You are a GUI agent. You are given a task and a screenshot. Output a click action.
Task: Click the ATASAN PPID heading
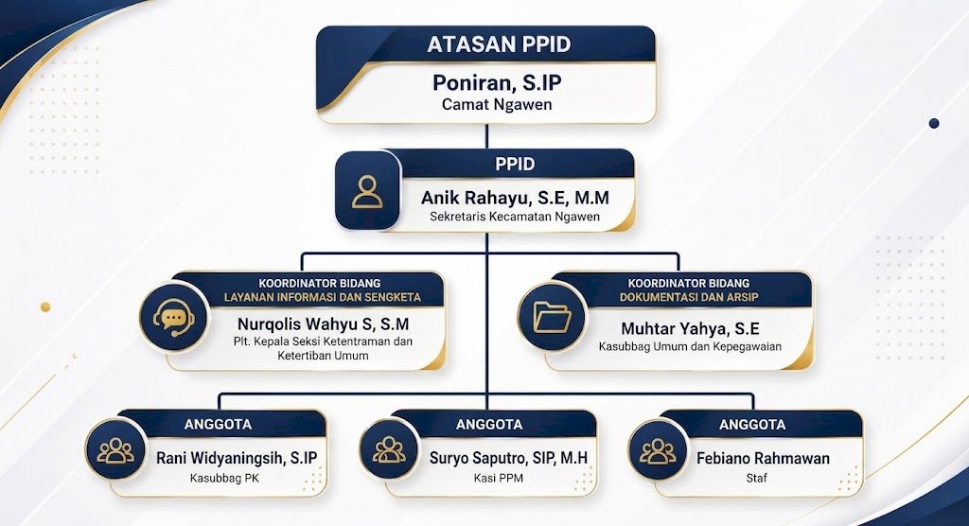click(499, 44)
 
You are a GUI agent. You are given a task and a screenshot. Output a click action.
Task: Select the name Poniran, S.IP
click(496, 82)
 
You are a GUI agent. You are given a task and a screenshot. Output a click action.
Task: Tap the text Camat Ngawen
click(496, 104)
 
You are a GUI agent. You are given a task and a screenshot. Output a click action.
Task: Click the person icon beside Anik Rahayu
click(367, 192)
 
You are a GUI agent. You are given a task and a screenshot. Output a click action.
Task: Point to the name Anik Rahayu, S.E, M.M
click(515, 198)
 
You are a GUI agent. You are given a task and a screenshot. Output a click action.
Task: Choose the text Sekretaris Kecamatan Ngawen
click(515, 217)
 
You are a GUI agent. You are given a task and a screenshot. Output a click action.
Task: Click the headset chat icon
click(174, 317)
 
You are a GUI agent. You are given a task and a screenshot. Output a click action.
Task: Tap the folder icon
click(552, 317)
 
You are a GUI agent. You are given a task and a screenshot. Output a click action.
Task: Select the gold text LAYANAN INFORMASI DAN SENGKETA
click(322, 297)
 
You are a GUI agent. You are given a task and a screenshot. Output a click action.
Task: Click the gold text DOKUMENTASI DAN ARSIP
click(689, 297)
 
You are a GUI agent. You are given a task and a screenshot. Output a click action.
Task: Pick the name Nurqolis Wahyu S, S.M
click(324, 324)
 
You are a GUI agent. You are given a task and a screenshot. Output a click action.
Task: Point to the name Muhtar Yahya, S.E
click(690, 328)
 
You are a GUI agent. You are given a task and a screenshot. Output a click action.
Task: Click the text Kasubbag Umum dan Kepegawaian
click(690, 347)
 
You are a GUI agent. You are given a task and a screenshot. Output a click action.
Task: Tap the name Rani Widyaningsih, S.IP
click(237, 458)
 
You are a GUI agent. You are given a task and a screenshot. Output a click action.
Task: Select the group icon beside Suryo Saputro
click(389, 449)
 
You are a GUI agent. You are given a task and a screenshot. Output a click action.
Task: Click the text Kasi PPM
click(498, 478)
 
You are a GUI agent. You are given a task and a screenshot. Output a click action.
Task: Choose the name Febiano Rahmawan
click(763, 459)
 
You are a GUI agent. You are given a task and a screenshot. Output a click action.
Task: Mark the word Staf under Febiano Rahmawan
click(756, 478)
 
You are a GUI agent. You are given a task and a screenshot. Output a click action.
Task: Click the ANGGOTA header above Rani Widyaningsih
click(218, 425)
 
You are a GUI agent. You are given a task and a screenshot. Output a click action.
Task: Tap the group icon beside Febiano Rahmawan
click(658, 450)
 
